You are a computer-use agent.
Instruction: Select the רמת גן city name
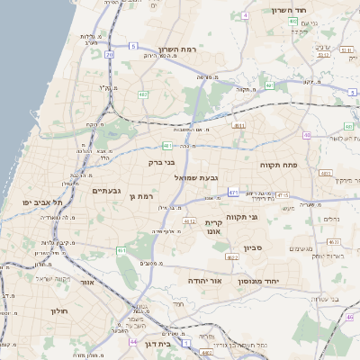[x=144, y=195]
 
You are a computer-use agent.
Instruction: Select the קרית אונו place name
[x=214, y=226]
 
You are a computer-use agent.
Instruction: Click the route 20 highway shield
[x=109, y=55]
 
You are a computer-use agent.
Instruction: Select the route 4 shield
[x=246, y=15]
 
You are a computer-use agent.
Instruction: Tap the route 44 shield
[x=133, y=342]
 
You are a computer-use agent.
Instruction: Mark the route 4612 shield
[x=189, y=220]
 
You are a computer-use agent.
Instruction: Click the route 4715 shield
[x=281, y=195]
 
